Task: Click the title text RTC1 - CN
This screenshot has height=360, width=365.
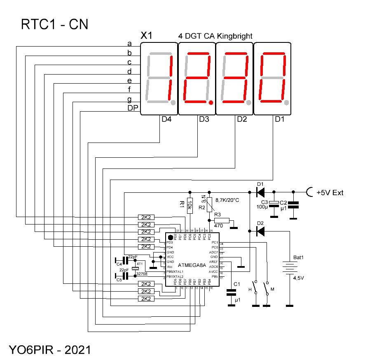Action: pyautogui.click(x=54, y=25)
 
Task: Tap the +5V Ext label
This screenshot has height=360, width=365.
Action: pyautogui.click(x=330, y=192)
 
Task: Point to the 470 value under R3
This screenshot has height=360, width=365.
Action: pyautogui.click(x=219, y=226)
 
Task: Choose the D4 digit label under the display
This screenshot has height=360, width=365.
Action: pyautogui.click(x=166, y=119)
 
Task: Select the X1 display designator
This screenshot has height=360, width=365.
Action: pyautogui.click(x=147, y=36)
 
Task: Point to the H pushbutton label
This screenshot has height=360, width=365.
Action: pyautogui.click(x=249, y=289)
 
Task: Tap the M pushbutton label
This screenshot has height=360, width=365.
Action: pyautogui.click(x=272, y=289)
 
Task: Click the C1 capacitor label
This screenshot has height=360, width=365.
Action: pyautogui.click(x=236, y=284)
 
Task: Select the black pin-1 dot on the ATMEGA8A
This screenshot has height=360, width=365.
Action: pyautogui.click(x=170, y=238)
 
